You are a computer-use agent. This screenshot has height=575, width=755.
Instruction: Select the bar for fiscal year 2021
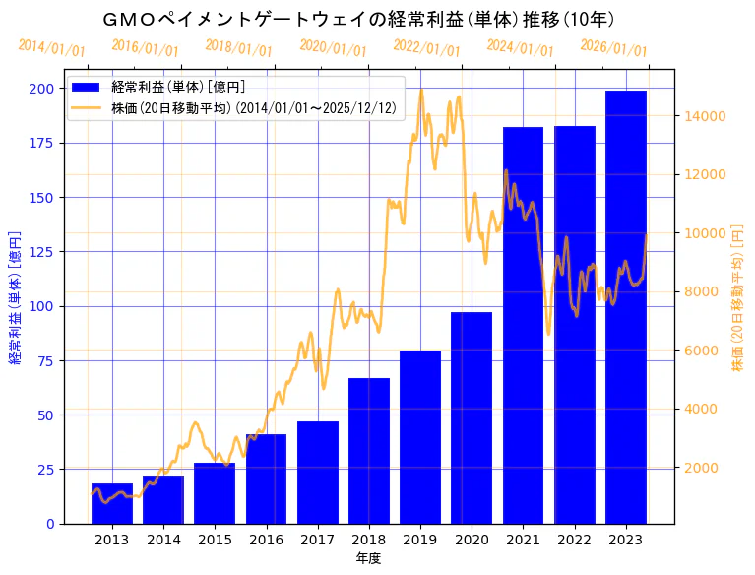click(x=523, y=325)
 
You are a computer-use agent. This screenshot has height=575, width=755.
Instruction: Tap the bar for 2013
click(x=111, y=503)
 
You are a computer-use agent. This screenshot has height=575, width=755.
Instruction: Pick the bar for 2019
click(x=420, y=437)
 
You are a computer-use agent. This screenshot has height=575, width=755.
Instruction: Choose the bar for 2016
click(x=266, y=479)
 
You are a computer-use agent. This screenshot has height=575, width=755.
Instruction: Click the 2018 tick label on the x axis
click(x=369, y=540)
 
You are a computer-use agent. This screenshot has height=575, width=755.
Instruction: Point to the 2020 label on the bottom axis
click(x=472, y=540)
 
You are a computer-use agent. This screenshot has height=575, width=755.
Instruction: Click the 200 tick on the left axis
click(x=41, y=89)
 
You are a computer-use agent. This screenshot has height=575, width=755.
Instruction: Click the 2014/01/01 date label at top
click(x=51, y=48)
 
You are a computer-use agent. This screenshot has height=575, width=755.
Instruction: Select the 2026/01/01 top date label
click(x=613, y=47)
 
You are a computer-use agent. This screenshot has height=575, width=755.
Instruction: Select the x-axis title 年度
click(x=368, y=558)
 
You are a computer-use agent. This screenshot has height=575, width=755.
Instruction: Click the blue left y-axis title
click(x=16, y=297)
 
